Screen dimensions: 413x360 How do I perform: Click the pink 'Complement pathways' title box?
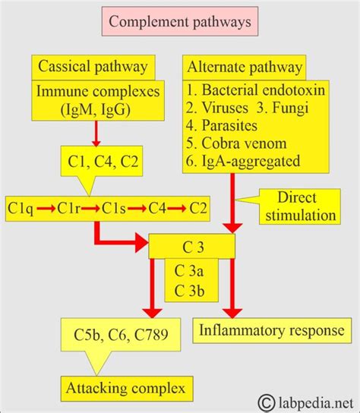pyautogui.click(x=179, y=21)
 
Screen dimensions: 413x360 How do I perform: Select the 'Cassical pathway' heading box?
pyautogui.click(x=95, y=66)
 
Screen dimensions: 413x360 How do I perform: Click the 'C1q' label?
pyautogui.click(x=21, y=206)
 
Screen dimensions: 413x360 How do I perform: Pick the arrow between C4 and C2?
pyautogui.click(x=179, y=206)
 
